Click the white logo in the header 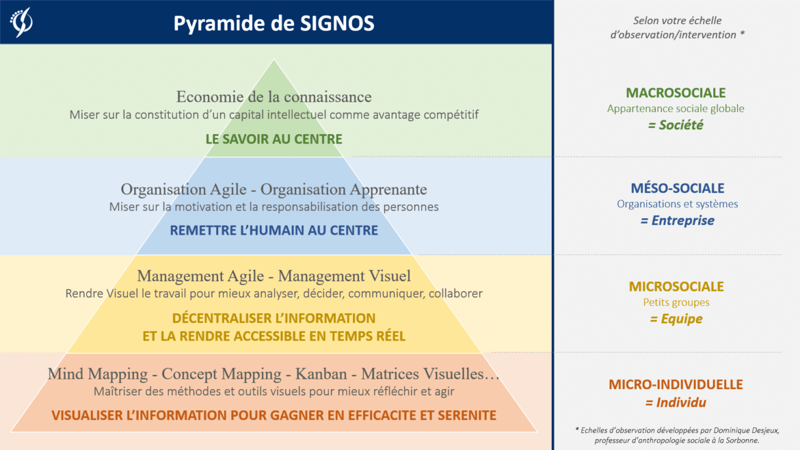21,22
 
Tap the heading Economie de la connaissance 274,96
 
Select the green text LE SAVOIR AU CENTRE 274,139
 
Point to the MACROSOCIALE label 676,93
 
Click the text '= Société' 676,125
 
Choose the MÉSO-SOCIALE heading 677,188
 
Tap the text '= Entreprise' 677,220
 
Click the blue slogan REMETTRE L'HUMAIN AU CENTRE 274,230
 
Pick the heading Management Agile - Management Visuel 274,276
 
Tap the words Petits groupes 676,302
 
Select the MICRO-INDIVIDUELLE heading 676,384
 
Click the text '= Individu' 676,402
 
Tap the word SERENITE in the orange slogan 459,415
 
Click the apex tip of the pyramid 274,62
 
